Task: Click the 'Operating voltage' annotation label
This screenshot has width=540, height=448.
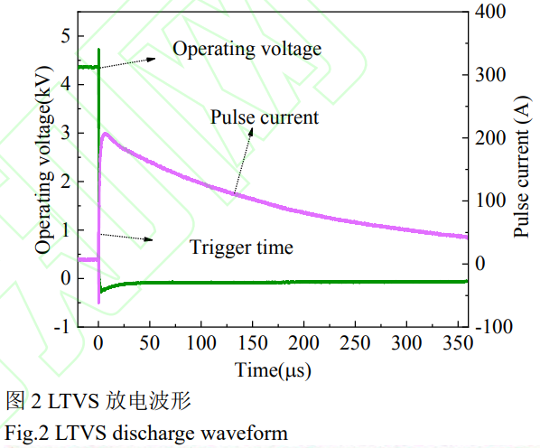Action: (x=247, y=49)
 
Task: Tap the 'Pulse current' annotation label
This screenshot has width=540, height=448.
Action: (x=265, y=117)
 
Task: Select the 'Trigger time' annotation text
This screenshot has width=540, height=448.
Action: (x=241, y=247)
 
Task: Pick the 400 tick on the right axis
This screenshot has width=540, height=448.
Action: (x=493, y=12)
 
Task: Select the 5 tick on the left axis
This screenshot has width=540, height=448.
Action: (x=64, y=36)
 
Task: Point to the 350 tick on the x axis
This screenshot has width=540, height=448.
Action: (x=459, y=342)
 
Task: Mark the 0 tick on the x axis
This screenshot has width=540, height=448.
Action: (x=98, y=342)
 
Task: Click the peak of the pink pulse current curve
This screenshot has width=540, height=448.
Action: (x=106, y=134)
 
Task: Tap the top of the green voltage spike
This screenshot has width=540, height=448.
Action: (x=98, y=49)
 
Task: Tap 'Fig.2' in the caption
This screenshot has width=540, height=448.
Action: (x=27, y=433)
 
